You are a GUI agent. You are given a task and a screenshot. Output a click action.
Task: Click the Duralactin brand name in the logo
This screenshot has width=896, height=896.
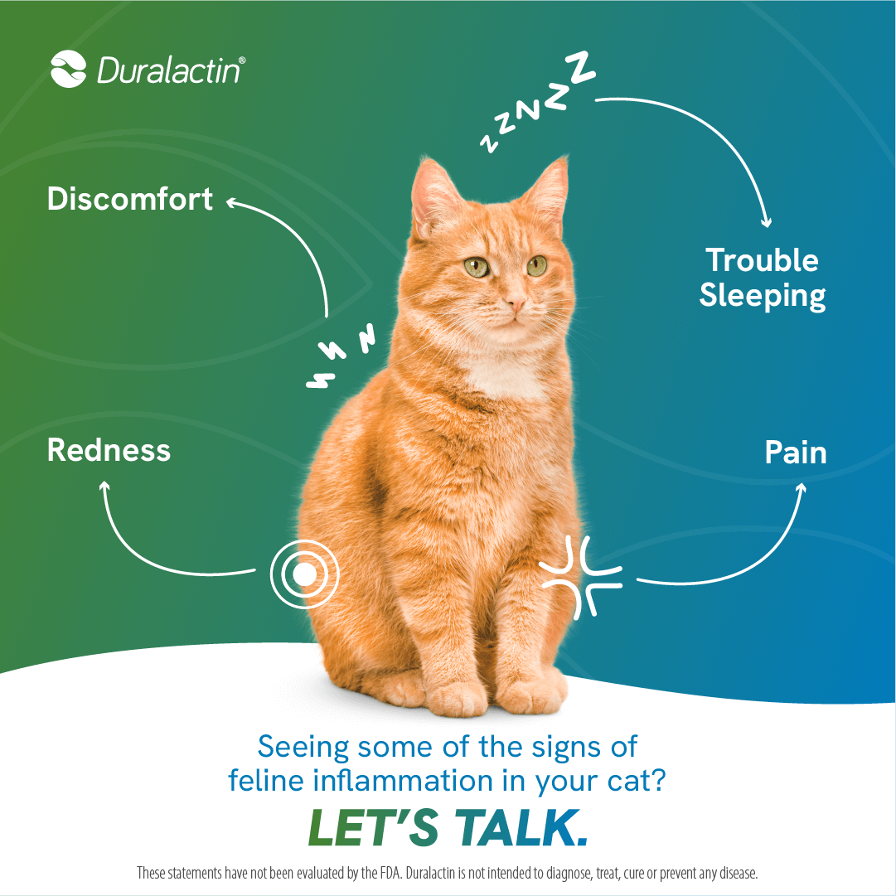coord(170,70)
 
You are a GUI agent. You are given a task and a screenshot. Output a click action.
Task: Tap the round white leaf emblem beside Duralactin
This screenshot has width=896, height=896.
coord(68,69)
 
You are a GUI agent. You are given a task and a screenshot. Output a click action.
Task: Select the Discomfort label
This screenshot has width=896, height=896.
coord(129,198)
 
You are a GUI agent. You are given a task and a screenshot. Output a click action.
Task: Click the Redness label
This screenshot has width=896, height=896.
coord(109,450)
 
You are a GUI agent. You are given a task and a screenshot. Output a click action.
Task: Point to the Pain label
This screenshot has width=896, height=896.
coord(796,453)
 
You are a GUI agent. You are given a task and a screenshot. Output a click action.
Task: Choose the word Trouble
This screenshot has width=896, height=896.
coord(762,260)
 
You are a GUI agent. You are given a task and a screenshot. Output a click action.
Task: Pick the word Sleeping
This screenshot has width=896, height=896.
coord(763,295)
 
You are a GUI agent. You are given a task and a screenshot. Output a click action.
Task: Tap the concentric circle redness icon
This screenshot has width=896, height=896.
coord(304,574)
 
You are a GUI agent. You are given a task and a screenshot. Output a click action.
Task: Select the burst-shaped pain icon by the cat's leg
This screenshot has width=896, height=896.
coord(581,577)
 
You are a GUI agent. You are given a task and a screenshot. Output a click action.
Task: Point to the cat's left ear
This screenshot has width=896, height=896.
coord(434,197)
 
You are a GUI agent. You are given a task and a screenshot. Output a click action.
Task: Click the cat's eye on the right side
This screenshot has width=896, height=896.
coord(536,265)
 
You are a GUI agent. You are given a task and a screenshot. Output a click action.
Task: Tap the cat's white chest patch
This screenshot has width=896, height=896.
coord(503,375)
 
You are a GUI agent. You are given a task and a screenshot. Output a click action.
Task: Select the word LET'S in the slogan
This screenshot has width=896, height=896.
coord(373,827)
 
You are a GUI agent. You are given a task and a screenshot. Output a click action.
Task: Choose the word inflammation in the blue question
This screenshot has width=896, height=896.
coord(403,780)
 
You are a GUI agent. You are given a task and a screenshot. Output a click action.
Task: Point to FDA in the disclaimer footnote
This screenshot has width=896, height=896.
coord(385,873)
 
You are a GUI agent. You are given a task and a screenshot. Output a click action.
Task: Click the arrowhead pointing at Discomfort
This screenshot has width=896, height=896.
coord(231,202)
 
